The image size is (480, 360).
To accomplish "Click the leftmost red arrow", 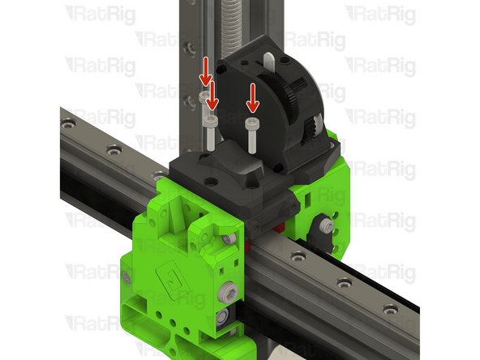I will coord(205,71).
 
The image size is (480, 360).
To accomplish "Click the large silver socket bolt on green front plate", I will coord(231,289).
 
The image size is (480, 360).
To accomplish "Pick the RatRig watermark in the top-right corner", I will coord(381,14).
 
